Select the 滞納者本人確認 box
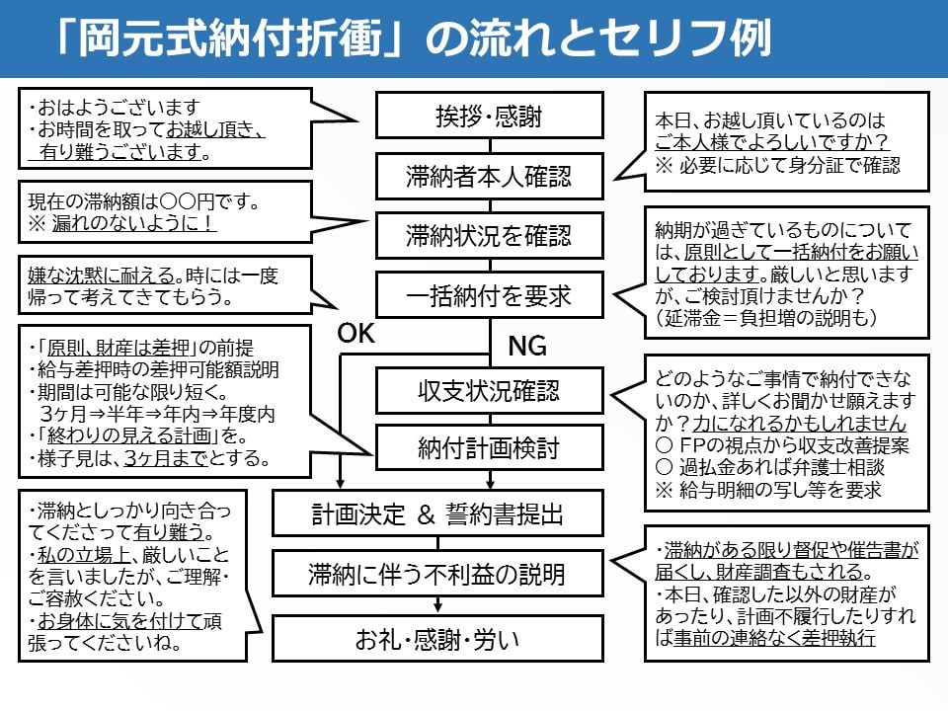click(x=489, y=177)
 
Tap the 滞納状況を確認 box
click(x=489, y=236)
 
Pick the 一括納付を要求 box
click(x=489, y=295)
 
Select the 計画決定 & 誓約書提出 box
click(x=438, y=514)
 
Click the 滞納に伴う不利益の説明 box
click(x=438, y=574)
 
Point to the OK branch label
click(x=357, y=335)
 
